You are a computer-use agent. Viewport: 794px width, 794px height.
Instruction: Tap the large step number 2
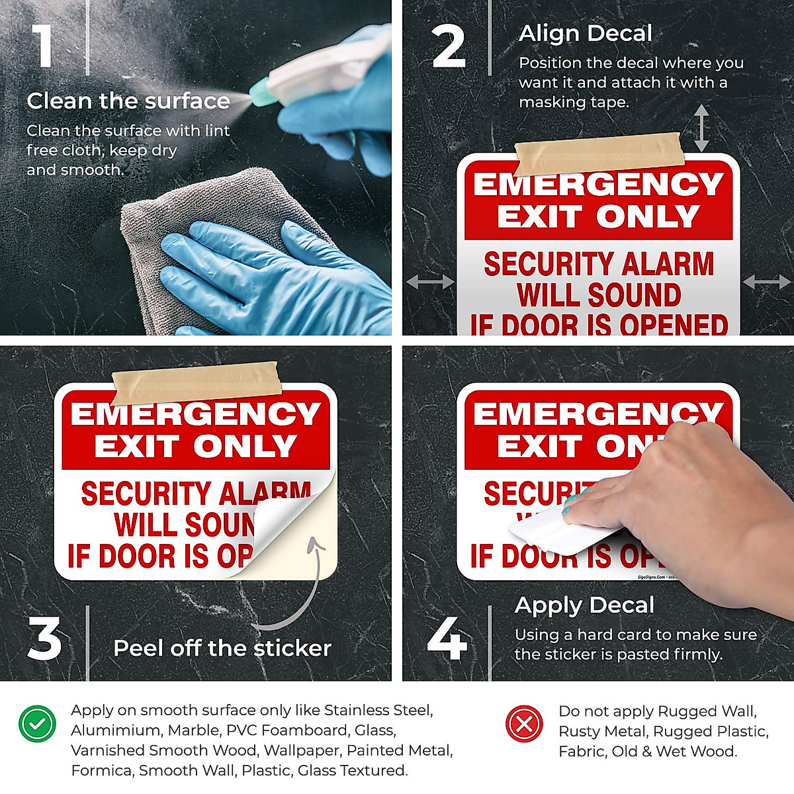click(449, 47)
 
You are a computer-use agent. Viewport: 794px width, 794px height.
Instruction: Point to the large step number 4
click(447, 639)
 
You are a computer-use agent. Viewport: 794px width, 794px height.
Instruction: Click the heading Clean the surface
click(128, 101)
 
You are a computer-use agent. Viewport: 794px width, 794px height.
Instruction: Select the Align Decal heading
click(586, 33)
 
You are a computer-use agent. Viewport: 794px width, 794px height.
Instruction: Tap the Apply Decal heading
click(584, 605)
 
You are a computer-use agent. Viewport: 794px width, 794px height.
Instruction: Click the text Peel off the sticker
click(222, 648)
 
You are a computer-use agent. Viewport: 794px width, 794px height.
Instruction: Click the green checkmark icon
click(38, 723)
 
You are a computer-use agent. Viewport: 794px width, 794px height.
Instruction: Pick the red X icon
click(525, 723)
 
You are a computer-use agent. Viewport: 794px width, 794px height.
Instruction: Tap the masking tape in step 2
click(597, 152)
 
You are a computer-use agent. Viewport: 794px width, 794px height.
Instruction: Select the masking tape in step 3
click(197, 382)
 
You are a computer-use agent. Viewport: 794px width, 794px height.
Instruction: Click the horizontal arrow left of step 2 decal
click(430, 283)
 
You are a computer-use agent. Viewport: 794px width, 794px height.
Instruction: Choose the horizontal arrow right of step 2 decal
click(766, 283)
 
